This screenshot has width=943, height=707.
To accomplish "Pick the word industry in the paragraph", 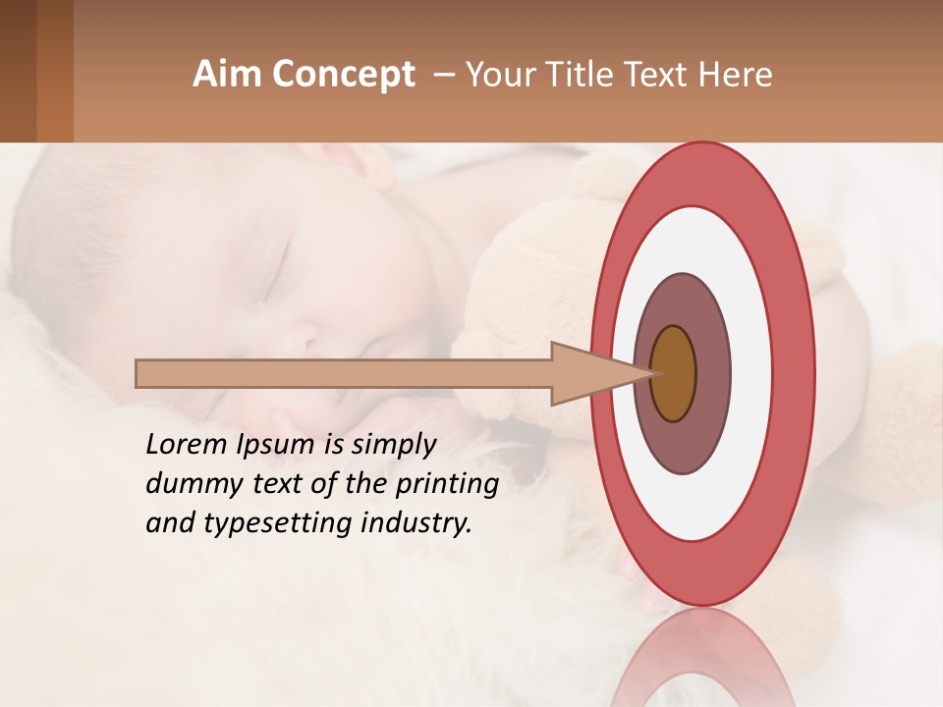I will (416, 523).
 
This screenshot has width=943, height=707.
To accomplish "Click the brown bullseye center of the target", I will (673, 373).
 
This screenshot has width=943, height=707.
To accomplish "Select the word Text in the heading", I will (662, 75).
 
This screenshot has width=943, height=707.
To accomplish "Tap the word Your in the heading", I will (499, 75).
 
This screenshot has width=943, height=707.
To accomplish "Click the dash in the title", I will (443, 75).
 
